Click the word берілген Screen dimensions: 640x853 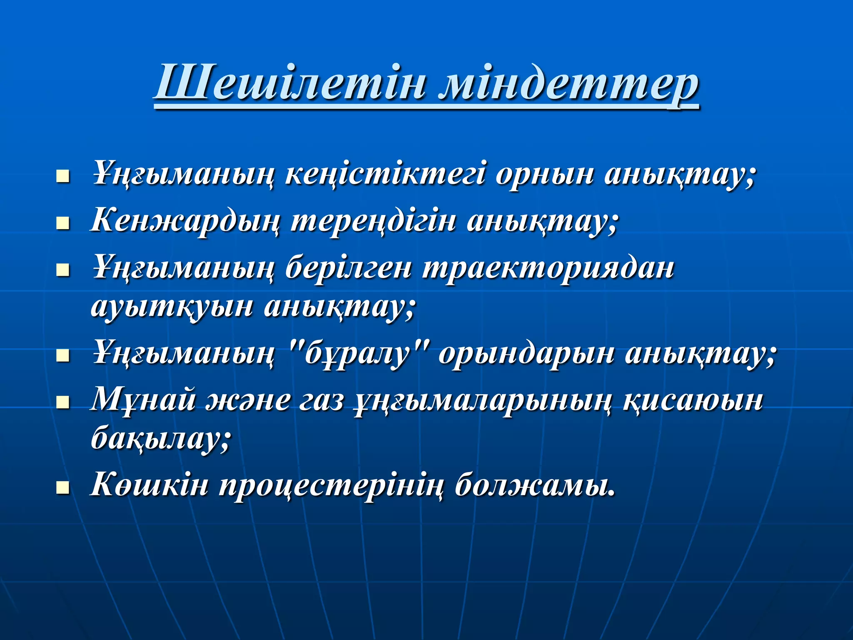(348, 269)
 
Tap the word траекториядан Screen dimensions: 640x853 (548, 269)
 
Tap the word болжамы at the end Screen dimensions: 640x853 (535, 486)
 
